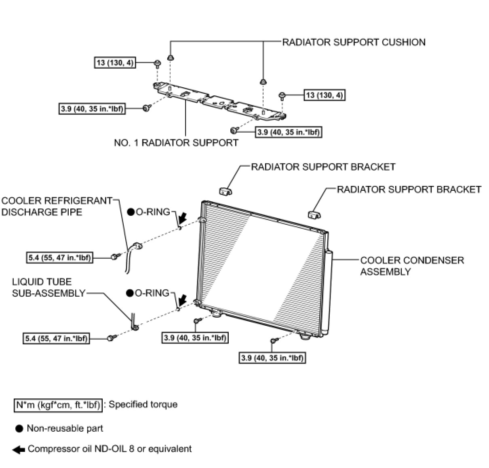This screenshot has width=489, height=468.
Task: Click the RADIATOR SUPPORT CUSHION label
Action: pos(354,42)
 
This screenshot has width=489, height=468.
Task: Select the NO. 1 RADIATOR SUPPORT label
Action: pos(176,143)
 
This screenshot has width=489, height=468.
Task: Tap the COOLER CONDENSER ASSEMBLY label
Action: pos(412,266)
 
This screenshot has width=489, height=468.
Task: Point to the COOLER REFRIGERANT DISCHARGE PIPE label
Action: pos(57,206)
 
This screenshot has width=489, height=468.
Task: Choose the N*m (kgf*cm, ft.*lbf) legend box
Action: pos(58,405)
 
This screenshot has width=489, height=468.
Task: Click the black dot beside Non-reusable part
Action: pos(19,429)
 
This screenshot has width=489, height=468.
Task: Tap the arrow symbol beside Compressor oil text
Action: pos(19,449)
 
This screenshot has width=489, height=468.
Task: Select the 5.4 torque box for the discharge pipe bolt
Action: pos(59,257)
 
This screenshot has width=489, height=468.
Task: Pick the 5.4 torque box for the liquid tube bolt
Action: pos(56,338)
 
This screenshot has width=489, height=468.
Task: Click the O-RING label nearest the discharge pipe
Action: pos(153,211)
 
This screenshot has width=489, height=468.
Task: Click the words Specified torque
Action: pos(143,405)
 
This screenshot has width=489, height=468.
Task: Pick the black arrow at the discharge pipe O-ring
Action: pos(183,218)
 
